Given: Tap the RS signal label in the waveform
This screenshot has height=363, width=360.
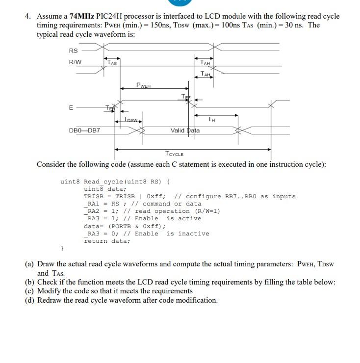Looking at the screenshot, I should point(73,51).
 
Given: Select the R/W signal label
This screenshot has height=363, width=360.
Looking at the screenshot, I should point(75,62).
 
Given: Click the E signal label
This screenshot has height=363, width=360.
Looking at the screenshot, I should point(72,107).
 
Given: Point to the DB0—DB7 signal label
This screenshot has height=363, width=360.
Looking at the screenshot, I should point(84,130).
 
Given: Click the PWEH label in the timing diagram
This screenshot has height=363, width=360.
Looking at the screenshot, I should point(144,85).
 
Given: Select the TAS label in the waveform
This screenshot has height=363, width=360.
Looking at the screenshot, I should point(112,62).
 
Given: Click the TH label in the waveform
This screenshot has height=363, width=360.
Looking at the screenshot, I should point(211,119).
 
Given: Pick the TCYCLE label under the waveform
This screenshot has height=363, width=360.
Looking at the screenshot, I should point(175,154).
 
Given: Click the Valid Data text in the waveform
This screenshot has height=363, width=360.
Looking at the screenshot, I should point(185,130).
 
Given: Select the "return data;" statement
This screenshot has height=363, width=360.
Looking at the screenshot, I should point(107,241).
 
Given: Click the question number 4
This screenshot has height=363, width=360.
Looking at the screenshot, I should point(27,16).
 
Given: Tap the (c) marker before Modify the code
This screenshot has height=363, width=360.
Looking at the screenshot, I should point(30,291).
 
